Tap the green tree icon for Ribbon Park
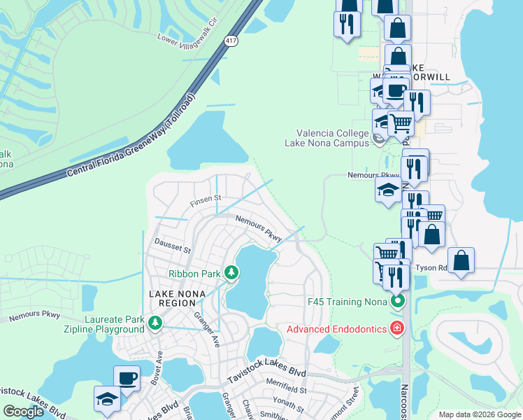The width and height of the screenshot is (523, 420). [230, 273]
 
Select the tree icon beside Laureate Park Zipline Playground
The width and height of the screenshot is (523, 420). [157, 323]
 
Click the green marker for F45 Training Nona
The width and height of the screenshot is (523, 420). [397, 302]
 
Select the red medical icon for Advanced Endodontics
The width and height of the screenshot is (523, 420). [397, 328]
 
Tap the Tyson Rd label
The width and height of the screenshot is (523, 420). [431, 268]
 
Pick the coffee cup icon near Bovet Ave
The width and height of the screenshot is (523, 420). [127, 379]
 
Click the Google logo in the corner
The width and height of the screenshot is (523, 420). [23, 412]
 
